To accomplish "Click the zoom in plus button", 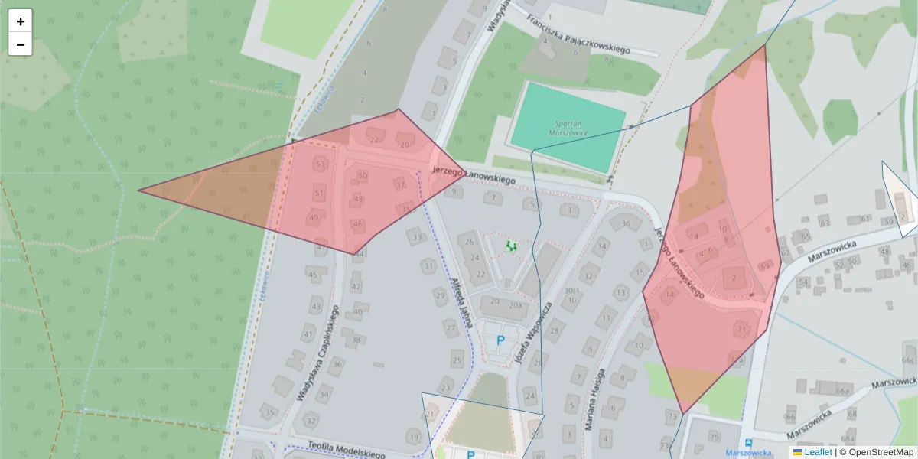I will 21,21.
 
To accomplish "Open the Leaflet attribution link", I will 817,452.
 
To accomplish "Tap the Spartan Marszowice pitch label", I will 568,128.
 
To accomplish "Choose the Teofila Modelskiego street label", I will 346,449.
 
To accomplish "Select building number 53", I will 320,165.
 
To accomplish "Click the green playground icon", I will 512,246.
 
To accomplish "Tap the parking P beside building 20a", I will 501,340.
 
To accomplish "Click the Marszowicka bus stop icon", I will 749,444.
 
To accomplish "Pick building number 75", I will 714,437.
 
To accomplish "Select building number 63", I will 824,223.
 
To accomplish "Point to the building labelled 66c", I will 908,360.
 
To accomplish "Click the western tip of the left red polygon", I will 138,190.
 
